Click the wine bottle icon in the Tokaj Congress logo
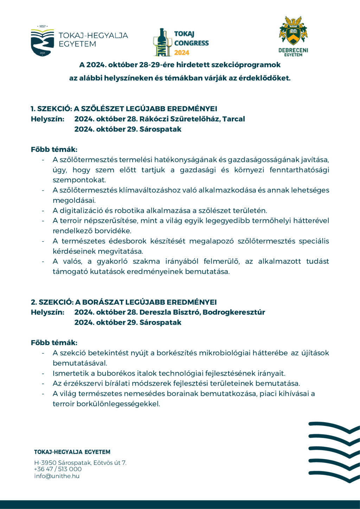pyautogui.click(x=162, y=42)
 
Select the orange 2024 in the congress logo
pyautogui.click(x=181, y=53)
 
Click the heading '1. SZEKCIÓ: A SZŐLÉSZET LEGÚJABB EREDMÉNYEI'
pyautogui.click(x=124, y=109)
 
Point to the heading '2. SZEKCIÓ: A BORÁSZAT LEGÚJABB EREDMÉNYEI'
pyautogui.click(x=124, y=302)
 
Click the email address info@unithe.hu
pyautogui.click(x=57, y=476)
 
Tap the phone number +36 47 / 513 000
pyautogui.click(x=58, y=469)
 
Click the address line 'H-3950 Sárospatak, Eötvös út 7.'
pyautogui.click(x=80, y=463)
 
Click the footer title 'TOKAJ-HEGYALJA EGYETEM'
pyautogui.click(x=72, y=452)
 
